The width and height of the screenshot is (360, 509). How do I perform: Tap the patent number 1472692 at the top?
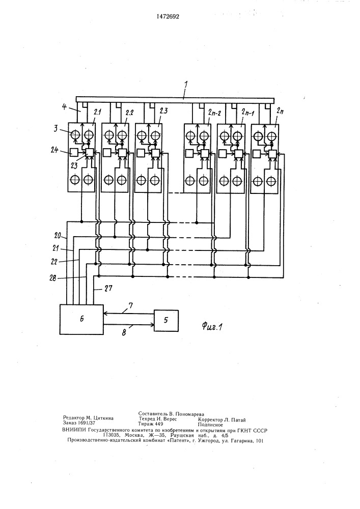(168, 16)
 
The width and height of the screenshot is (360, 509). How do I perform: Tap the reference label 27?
(107, 289)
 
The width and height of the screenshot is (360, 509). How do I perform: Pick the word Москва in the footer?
(133, 435)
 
